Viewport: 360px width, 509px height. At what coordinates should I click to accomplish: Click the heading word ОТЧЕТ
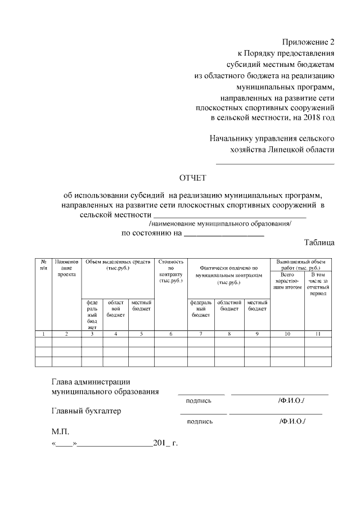(193, 178)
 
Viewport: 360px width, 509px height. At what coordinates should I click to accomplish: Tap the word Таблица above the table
(319, 242)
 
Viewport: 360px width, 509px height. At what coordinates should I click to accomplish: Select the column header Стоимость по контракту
(172, 271)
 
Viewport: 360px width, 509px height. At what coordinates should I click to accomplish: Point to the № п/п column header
(44, 265)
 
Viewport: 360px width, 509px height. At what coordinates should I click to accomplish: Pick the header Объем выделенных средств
(118, 265)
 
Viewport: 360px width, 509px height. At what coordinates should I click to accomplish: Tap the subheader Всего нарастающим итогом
(287, 281)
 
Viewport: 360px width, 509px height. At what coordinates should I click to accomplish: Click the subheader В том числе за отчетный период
(318, 284)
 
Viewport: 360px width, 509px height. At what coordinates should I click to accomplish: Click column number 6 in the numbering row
(172, 334)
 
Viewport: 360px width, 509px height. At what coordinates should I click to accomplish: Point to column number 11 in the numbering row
(318, 334)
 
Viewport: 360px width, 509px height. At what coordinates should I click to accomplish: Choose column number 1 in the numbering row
(44, 334)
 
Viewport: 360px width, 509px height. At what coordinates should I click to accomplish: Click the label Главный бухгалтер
(86, 411)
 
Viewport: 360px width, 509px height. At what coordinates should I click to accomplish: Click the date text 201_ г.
(165, 443)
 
